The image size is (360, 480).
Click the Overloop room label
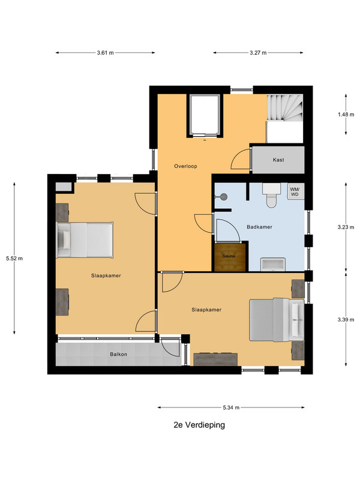coord(185,166)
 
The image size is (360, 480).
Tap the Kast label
coord(278,160)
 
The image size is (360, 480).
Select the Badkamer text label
coord(259,227)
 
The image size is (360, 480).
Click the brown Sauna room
coord(230,257)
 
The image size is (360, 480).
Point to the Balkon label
coord(118,354)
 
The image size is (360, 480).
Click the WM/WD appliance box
coord(295,191)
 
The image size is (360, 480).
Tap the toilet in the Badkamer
coord(271,196)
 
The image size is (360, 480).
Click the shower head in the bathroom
coord(224,197)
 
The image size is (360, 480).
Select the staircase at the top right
coord(285,108)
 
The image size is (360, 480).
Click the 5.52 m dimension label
coord(14,259)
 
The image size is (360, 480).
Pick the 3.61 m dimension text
coord(106,53)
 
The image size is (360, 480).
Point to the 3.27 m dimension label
coord(258,53)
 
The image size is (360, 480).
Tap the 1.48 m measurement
coord(346,115)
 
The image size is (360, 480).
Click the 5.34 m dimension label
coord(231,407)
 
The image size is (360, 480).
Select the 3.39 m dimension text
coord(346,320)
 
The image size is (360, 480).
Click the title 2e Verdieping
coord(199,425)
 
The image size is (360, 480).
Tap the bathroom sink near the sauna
coord(273,265)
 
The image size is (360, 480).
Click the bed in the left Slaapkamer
coord(85,240)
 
